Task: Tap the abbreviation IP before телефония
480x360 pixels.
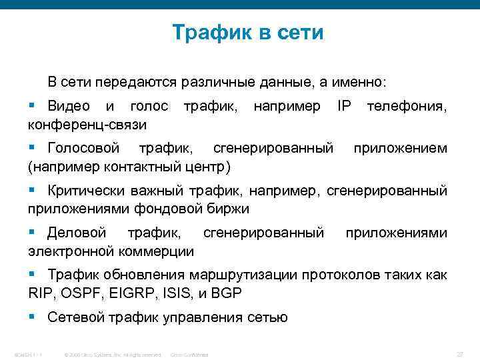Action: pos(344,106)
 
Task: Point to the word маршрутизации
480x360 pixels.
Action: pos(242,275)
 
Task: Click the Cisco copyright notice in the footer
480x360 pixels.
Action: pos(111,355)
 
